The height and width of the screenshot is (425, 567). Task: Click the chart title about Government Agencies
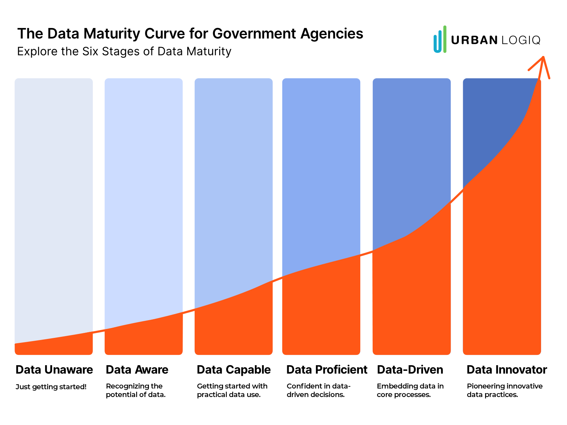(x=190, y=34)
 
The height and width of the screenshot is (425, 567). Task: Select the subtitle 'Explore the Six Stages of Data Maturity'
(x=124, y=51)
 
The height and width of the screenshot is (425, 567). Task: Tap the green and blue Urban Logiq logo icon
(x=440, y=39)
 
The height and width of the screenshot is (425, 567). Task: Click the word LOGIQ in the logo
(x=521, y=40)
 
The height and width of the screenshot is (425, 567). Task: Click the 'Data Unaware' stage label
(x=54, y=370)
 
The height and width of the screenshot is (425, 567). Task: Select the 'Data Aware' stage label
(x=137, y=370)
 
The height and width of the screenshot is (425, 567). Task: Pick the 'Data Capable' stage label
(x=234, y=370)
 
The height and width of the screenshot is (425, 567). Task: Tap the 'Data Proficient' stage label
(x=327, y=370)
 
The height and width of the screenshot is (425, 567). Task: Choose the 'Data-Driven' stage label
(x=410, y=370)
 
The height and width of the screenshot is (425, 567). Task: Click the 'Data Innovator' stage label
(x=506, y=370)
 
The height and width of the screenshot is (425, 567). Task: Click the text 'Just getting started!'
(x=51, y=387)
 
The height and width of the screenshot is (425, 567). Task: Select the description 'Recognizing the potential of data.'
(x=135, y=390)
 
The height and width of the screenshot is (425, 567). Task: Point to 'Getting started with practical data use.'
(x=232, y=390)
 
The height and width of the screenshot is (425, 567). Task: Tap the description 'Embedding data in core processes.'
(x=410, y=390)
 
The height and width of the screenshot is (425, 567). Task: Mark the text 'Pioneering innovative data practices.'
(x=504, y=390)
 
